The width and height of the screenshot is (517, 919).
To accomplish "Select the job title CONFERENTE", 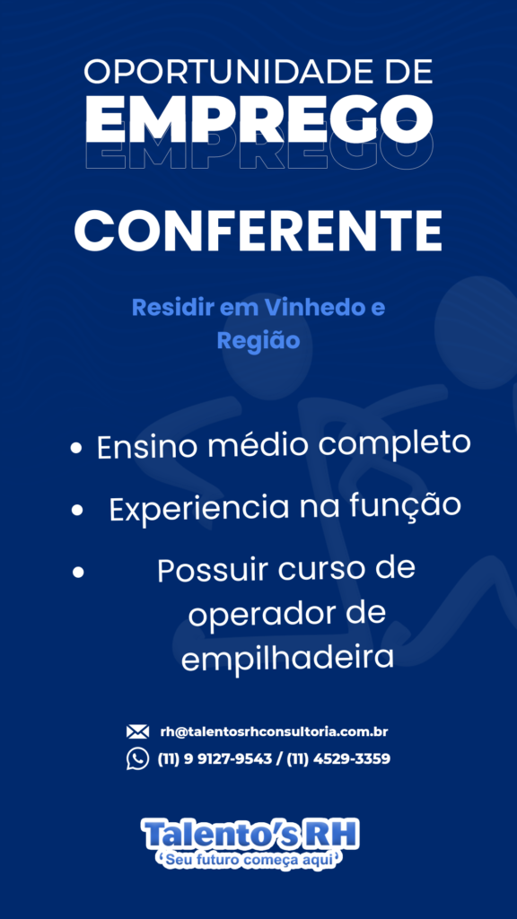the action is point(258,231).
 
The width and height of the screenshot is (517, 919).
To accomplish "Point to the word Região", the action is point(258,340).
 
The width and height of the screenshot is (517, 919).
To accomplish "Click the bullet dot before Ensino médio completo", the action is point(75,449).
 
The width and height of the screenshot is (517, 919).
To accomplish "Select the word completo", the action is point(395,445).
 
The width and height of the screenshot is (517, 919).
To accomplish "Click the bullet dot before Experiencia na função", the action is point(77,511).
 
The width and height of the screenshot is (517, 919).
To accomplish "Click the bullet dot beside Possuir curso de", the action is point(78,573).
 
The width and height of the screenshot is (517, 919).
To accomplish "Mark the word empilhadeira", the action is point(286,658).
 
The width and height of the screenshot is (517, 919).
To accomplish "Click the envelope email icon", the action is point(137,731).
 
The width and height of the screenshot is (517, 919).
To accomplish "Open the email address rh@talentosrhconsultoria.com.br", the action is point(274,732).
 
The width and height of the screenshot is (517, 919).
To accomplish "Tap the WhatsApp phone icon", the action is point(137,759).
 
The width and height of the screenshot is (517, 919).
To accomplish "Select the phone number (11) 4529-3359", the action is point(338,759).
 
